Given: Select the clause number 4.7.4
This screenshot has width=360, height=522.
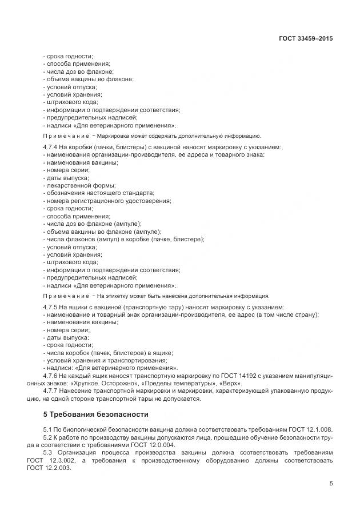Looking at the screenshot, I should coord(51,147).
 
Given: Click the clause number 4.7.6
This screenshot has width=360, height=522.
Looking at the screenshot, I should coord(51,376).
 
